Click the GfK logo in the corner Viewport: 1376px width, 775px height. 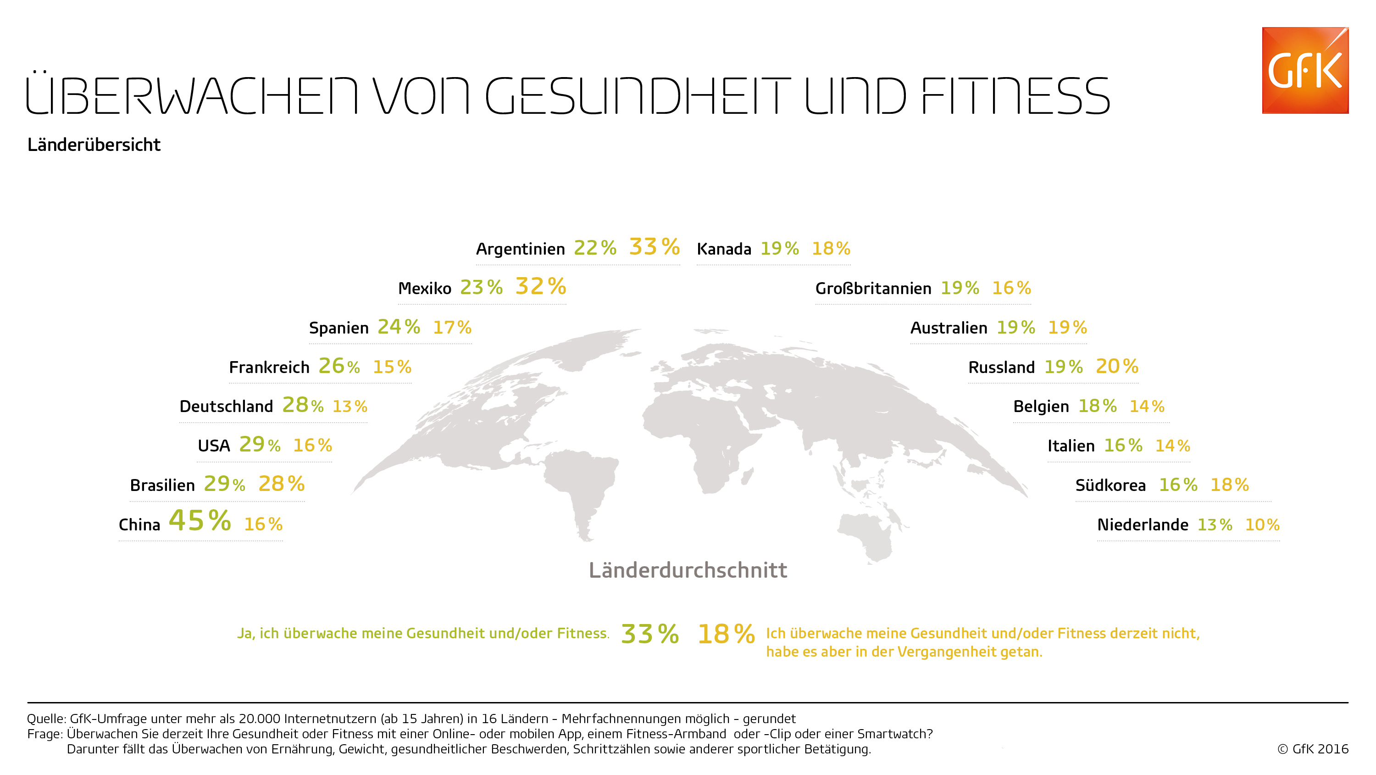pos(1305,70)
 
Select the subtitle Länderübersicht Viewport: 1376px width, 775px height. pos(94,145)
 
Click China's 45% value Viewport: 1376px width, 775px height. pos(200,521)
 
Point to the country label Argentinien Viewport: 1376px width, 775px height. pos(520,249)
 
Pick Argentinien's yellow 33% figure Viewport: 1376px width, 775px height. pos(655,247)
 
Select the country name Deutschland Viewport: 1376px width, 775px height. pos(226,407)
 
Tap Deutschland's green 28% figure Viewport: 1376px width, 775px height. pos(302,405)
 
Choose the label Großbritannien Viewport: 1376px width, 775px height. pos(873,289)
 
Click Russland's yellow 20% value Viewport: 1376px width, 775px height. pos(1117,367)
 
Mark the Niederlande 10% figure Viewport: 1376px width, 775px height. pos(1262,525)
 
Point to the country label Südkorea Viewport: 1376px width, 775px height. pos(1110,485)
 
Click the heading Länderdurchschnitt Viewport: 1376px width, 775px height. pos(688,570)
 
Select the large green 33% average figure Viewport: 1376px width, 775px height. pos(649,635)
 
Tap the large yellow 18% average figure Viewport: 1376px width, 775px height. pos(726,635)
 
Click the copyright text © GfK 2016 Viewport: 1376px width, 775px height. pos(1313,749)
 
